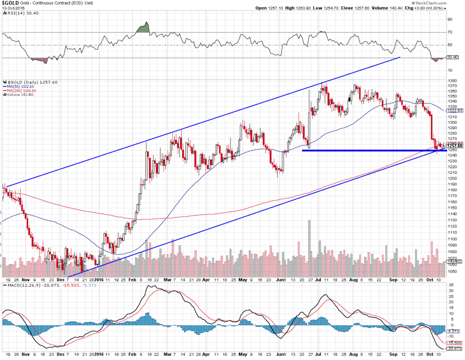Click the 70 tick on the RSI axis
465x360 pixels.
450,32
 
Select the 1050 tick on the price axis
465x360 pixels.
451,271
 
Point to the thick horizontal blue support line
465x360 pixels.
370,151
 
